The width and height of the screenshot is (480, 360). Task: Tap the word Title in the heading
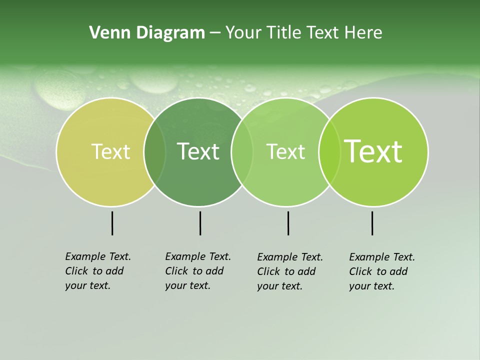[x=284, y=33]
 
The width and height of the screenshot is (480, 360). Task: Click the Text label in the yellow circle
[x=110, y=151]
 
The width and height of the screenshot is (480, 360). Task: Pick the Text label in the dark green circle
[x=198, y=151]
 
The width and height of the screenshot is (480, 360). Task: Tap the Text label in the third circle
[x=285, y=151]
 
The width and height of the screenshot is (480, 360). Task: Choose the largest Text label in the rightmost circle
[x=373, y=151]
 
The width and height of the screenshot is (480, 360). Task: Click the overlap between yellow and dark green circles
[x=154, y=152]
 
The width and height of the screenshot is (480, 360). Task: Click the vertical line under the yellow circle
[x=112, y=223]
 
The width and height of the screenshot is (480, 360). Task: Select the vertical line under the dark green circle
[x=200, y=223]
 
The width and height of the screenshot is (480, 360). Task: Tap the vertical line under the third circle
[x=288, y=223]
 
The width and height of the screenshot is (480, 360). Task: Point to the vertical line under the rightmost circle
[x=372, y=223]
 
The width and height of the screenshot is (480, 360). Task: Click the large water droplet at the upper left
[x=59, y=90]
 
